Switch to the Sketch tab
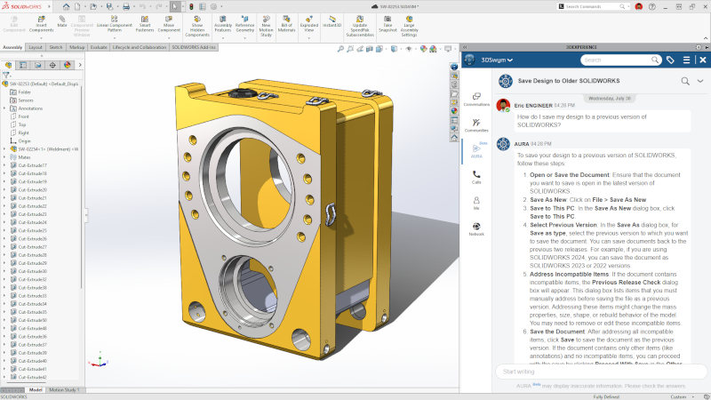point(55,47)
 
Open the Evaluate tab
point(99,47)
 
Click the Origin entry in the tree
point(24,140)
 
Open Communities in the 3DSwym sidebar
point(476,124)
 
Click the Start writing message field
point(587,372)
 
